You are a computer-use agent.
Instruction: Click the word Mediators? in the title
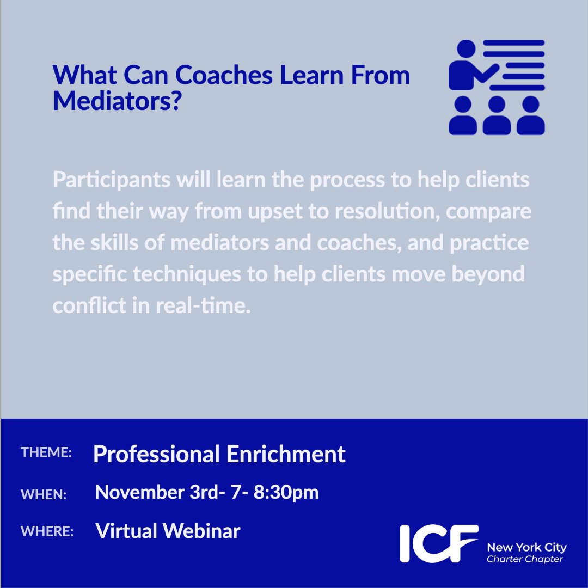[116, 101]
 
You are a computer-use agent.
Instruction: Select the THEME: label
[46, 453]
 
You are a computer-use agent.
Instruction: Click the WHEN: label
[44, 494]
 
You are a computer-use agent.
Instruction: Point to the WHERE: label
[47, 531]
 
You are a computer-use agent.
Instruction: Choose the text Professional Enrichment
[219, 454]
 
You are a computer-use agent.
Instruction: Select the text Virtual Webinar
[168, 531]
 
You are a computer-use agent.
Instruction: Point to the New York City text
[526, 547]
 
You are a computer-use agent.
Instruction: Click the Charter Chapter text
[525, 559]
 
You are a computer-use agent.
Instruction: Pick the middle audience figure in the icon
[497, 116]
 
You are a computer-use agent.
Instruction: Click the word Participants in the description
[111, 180]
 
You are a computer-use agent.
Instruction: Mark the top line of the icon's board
[513, 43]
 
